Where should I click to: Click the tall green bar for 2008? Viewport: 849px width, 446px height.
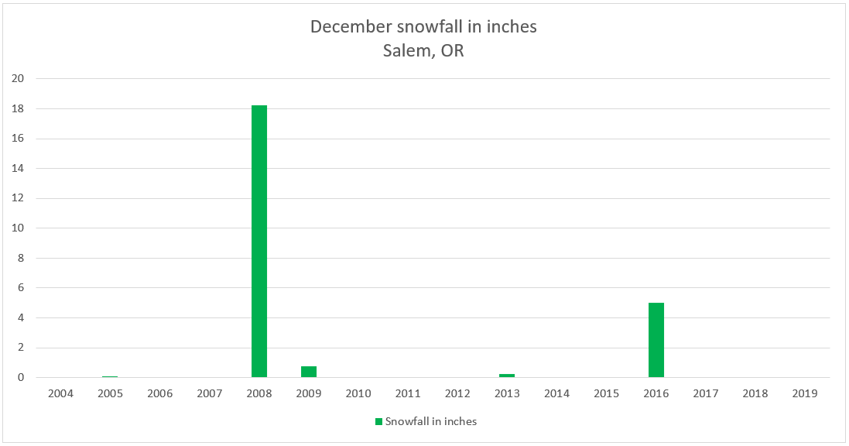pos(259,241)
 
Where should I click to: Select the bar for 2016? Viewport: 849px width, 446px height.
pos(656,340)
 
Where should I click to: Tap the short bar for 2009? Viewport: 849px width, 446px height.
pos(309,372)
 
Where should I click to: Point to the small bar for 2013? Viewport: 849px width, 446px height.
pos(507,376)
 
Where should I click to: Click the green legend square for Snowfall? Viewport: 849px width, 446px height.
pos(379,421)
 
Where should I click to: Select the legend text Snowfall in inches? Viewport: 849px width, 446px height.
pos(431,421)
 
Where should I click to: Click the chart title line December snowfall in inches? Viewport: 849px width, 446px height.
pos(423,26)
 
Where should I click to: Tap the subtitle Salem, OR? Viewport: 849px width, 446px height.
pos(423,51)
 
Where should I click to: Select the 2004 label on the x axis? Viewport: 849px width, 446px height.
pos(60,393)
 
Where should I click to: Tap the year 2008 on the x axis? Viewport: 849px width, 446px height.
pos(259,393)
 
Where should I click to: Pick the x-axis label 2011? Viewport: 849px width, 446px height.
pos(408,393)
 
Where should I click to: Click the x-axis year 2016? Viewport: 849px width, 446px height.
pos(656,393)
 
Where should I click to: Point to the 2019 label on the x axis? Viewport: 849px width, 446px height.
pos(805,393)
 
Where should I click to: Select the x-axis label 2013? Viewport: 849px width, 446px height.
pos(507,393)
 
